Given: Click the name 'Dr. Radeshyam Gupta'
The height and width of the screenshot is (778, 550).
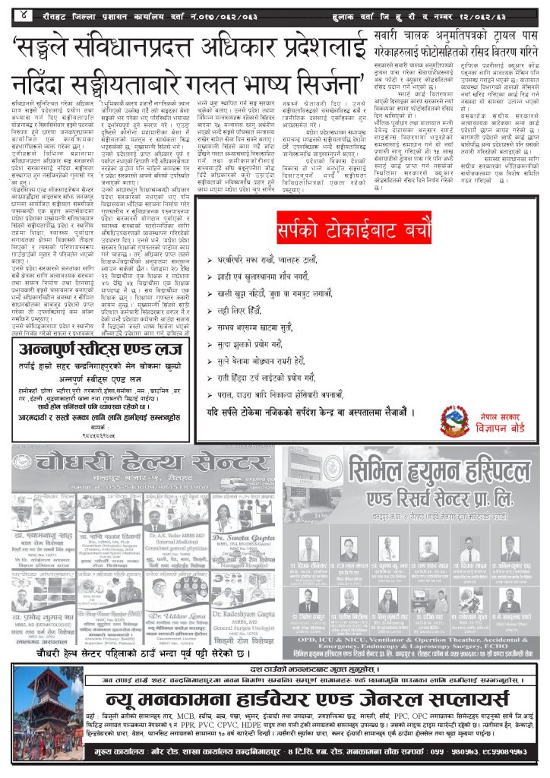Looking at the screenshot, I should coord(245,608).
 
